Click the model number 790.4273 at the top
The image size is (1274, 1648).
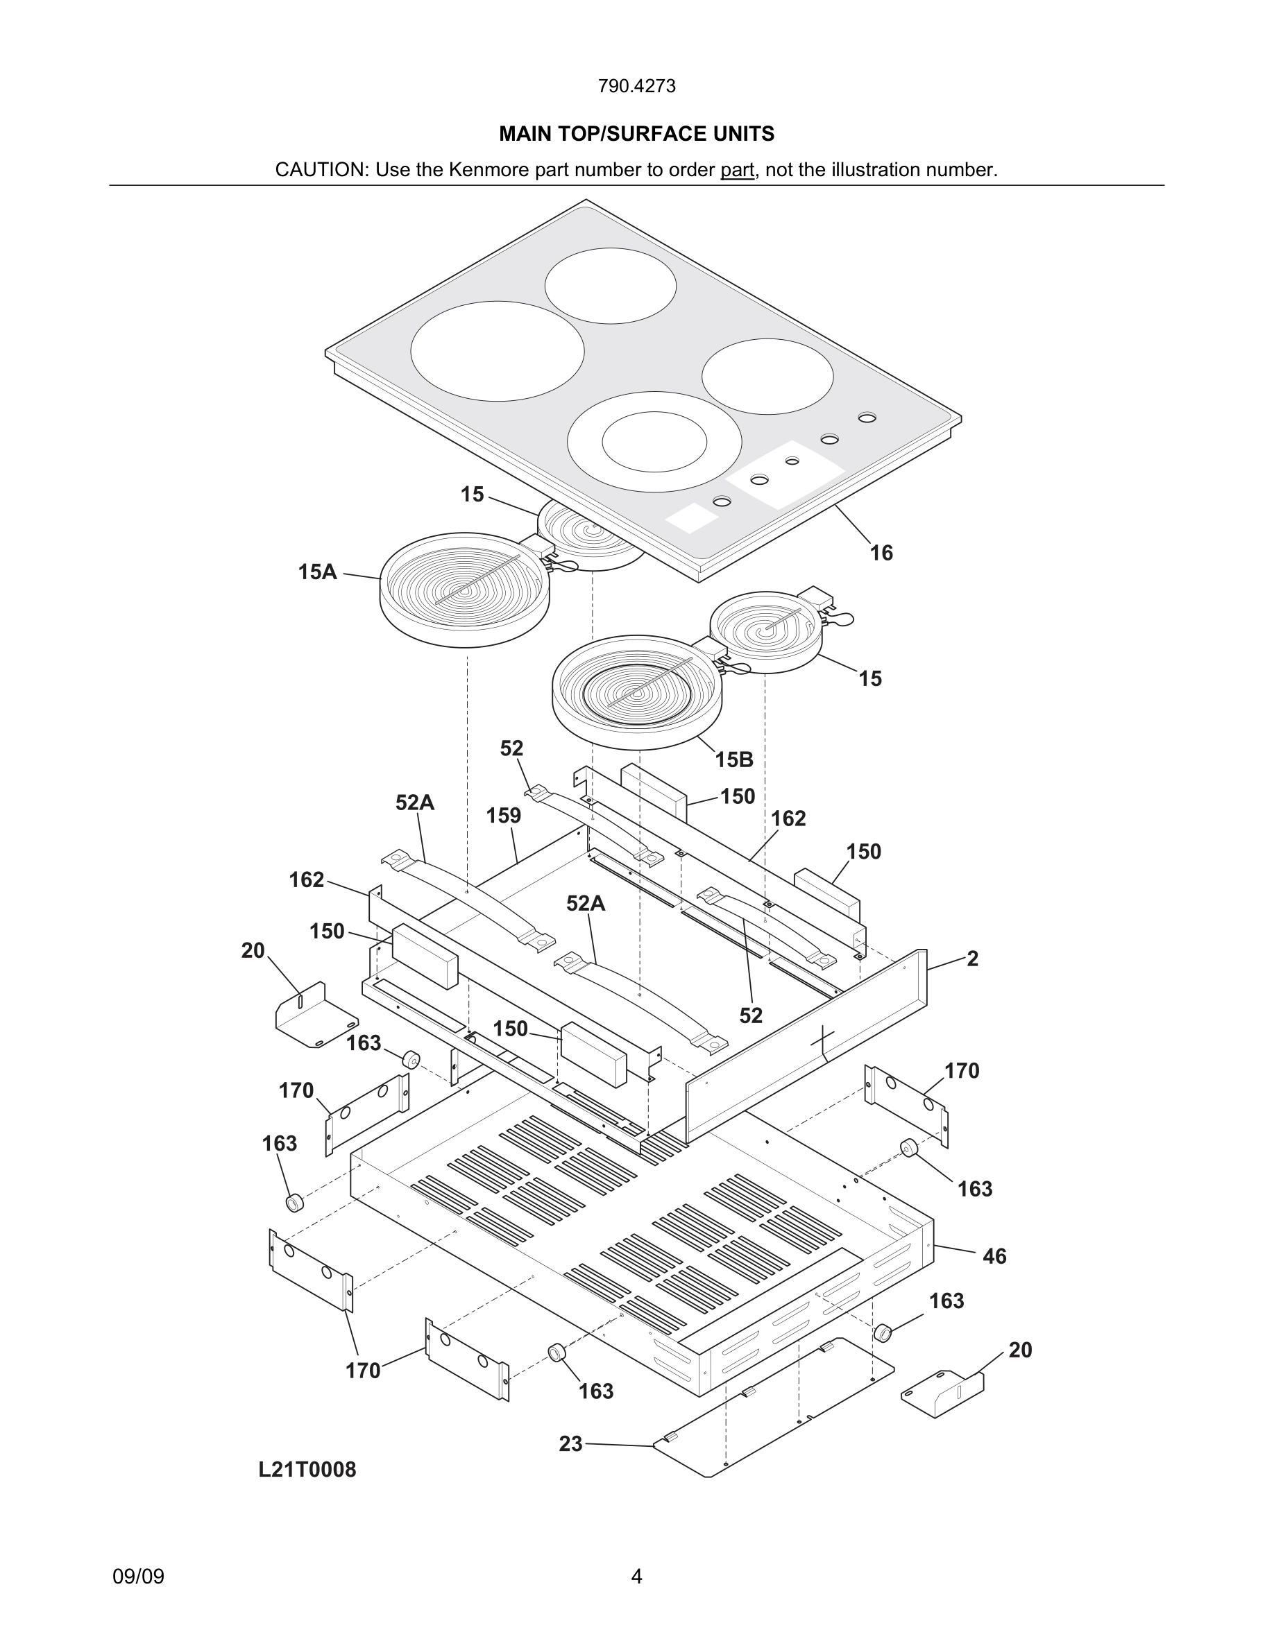[636, 86]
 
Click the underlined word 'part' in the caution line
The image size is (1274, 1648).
[737, 170]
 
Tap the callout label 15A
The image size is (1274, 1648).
[317, 572]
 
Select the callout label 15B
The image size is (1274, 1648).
[733, 760]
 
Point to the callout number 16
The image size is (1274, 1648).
[881, 553]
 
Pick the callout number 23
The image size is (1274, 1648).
[570, 1443]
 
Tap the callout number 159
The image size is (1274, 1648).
[503, 816]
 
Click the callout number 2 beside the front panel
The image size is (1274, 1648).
[972, 959]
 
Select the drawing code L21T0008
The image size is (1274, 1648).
[307, 1469]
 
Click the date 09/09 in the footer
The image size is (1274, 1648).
[138, 1577]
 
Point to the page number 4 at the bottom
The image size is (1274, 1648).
[636, 1577]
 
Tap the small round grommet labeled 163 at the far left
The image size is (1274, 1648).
[294, 1202]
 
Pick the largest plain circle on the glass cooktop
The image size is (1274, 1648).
[498, 351]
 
